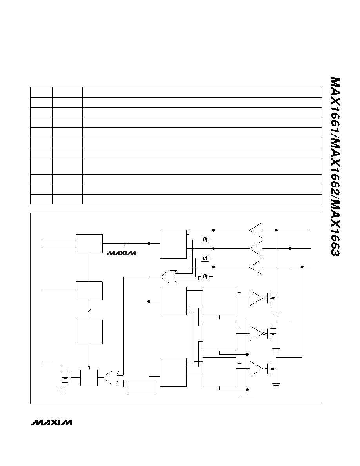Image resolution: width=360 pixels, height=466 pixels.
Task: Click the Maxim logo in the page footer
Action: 52,422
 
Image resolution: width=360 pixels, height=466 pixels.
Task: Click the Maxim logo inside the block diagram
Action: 121,253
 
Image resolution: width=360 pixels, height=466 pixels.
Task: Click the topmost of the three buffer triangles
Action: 256,230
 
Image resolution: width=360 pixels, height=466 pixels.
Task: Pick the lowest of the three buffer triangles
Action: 256,267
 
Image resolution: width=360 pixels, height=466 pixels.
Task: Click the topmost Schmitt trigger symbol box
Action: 205,239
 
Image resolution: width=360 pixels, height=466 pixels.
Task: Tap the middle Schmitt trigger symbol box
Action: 205,258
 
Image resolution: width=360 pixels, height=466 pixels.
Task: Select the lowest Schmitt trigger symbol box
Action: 205,277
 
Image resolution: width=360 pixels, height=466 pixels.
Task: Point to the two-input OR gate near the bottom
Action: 111,377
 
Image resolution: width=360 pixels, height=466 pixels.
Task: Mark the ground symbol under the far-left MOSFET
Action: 62,391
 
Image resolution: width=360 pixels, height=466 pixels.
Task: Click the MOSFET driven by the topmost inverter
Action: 272,298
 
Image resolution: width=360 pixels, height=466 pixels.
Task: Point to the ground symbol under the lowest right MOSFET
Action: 276,386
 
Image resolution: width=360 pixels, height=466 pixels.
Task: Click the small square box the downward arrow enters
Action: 89,377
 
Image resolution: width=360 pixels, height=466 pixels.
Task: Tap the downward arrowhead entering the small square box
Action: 89,368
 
